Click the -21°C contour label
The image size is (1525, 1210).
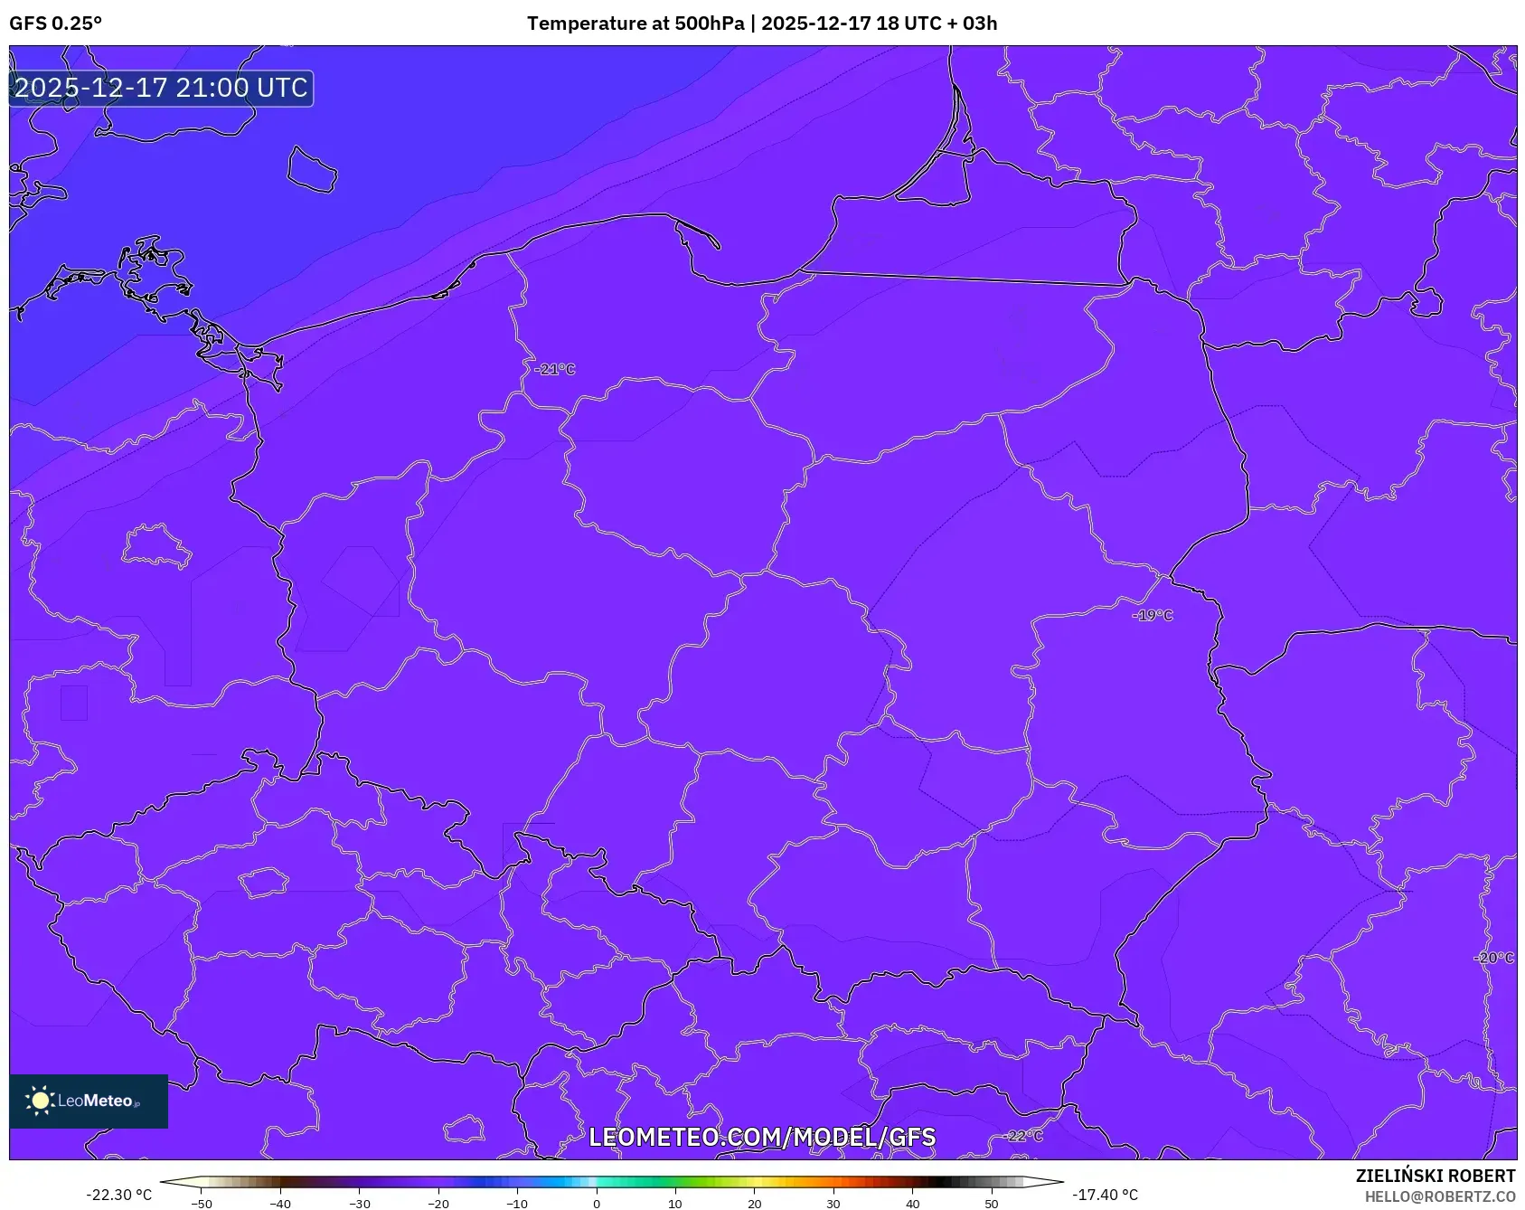coord(554,369)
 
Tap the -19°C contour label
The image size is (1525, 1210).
coord(1153,615)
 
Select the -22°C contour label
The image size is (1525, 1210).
coord(1024,1136)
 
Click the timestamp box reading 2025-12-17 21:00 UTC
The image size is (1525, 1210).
coord(161,88)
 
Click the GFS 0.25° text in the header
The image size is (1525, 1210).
coord(55,24)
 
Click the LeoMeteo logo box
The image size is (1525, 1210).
coord(89,1101)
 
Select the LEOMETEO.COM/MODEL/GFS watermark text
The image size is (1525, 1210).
coord(762,1137)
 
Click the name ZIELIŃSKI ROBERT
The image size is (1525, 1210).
coord(1435,1176)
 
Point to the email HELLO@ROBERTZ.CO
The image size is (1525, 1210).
coord(1439,1196)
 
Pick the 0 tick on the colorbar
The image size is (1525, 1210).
coord(596,1204)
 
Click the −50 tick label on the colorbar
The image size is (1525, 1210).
coord(202,1204)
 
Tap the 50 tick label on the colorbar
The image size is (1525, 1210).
coord(991,1204)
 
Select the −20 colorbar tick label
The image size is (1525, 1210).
coord(438,1204)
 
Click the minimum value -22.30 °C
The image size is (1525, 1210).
coord(118,1195)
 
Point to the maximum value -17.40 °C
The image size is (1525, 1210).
coord(1105,1195)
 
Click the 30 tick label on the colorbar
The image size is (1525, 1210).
coord(833,1204)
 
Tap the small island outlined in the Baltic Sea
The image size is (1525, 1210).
coord(312,170)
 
